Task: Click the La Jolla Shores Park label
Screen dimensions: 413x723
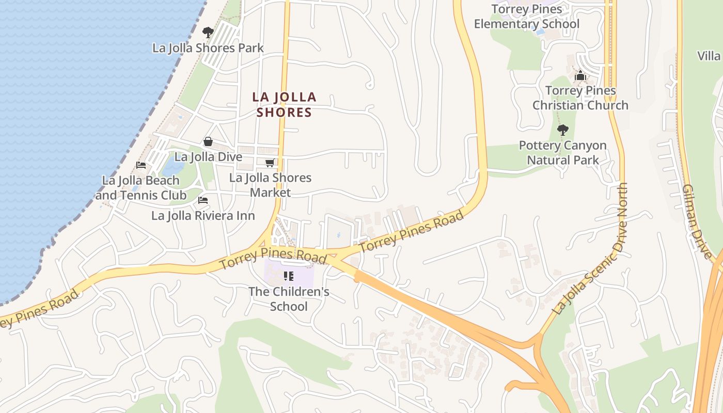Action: point(208,48)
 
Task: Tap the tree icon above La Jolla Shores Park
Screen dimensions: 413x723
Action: point(208,33)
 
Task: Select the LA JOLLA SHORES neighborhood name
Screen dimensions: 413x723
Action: point(284,104)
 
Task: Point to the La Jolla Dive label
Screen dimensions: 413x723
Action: point(208,156)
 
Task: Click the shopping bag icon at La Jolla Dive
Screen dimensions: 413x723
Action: point(208,141)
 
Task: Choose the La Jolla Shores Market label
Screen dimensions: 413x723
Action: point(271,185)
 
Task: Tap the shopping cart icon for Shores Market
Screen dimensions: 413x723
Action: point(270,163)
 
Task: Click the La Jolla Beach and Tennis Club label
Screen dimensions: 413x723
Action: point(140,188)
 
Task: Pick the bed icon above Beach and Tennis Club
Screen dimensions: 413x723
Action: point(140,165)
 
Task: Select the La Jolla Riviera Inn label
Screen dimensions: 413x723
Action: point(203,215)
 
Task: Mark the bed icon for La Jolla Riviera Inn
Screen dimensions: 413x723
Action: point(203,200)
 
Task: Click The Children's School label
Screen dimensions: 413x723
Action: point(289,299)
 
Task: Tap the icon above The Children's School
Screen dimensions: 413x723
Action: point(289,276)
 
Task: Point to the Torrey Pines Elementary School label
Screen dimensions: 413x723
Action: point(527,17)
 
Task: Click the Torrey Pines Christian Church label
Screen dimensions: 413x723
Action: point(580,98)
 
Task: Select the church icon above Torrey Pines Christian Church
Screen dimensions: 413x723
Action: point(580,76)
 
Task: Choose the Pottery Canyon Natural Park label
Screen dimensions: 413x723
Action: point(563,153)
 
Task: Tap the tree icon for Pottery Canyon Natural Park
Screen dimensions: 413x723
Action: point(563,130)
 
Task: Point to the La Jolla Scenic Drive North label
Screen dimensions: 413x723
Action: point(591,249)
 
